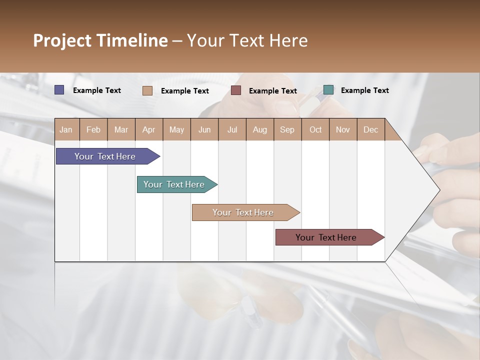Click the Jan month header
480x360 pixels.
coord(66,129)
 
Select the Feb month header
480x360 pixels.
coord(93,129)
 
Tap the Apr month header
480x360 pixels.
coord(148,129)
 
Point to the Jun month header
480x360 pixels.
coord(204,129)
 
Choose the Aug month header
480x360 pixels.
coord(259,129)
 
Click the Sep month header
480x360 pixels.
coord(287,129)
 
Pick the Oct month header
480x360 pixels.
coord(315,129)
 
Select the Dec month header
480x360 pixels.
coord(370,129)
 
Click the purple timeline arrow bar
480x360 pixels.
coord(105,156)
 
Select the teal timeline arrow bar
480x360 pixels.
coord(174,184)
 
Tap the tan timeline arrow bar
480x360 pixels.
coord(243,212)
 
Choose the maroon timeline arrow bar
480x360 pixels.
coord(326,237)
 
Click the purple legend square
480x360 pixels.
coord(59,90)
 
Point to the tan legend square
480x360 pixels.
coord(147,90)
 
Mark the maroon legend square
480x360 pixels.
coord(236,90)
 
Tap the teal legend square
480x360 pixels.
coord(328,90)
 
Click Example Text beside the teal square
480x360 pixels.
coord(364,90)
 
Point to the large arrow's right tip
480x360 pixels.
coord(438,189)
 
